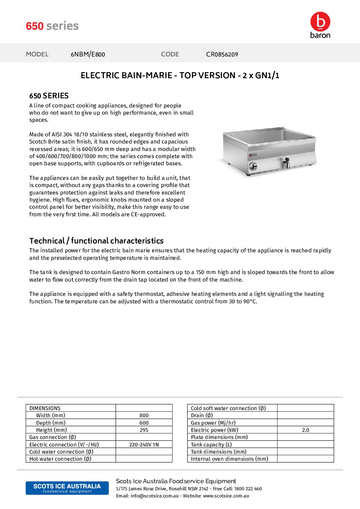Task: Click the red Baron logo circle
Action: coord(320,21)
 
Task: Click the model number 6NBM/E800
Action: coord(88,54)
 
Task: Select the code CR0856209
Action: coord(222,54)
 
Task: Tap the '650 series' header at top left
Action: coord(52,26)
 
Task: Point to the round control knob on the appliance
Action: coord(253,166)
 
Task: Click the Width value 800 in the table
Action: coord(144,415)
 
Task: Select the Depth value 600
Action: coord(144,423)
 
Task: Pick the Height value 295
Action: coord(144,430)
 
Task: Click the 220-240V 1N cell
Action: coord(144,445)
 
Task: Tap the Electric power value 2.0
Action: coord(306,430)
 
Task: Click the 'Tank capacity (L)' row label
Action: coord(211,445)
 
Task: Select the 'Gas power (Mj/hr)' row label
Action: coord(213,423)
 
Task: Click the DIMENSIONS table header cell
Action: coord(45,408)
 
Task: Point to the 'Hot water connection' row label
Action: coord(60,459)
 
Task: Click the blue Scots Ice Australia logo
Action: coord(67,488)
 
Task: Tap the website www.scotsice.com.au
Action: coord(226,496)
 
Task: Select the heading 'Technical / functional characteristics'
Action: coord(96,241)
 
